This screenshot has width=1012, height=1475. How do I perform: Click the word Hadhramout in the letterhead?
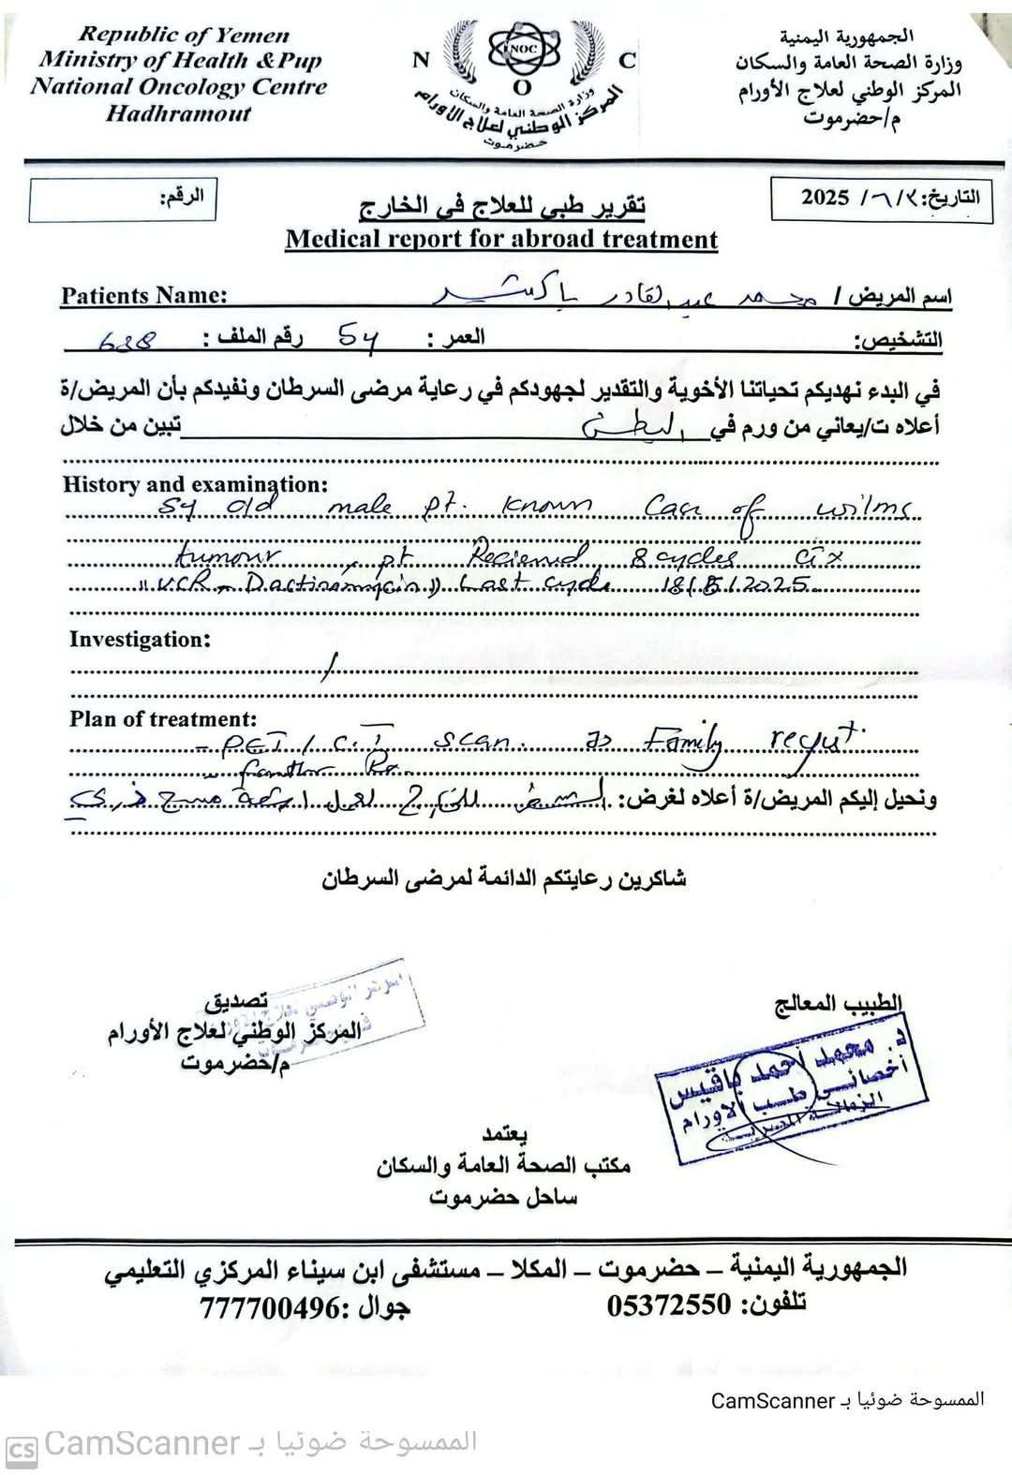[x=178, y=114]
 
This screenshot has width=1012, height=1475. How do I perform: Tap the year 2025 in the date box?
[x=825, y=198]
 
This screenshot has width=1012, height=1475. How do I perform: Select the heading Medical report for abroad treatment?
[x=501, y=240]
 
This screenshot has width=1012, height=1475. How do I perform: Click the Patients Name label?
[x=143, y=296]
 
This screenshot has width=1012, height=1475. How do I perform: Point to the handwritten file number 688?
[x=128, y=342]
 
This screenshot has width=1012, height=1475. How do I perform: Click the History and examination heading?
[x=195, y=484]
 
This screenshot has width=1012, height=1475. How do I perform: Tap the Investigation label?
[x=140, y=640]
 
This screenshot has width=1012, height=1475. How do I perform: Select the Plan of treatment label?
[x=162, y=719]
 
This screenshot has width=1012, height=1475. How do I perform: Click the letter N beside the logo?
[x=421, y=61]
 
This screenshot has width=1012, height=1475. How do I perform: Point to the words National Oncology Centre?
[x=178, y=88]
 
